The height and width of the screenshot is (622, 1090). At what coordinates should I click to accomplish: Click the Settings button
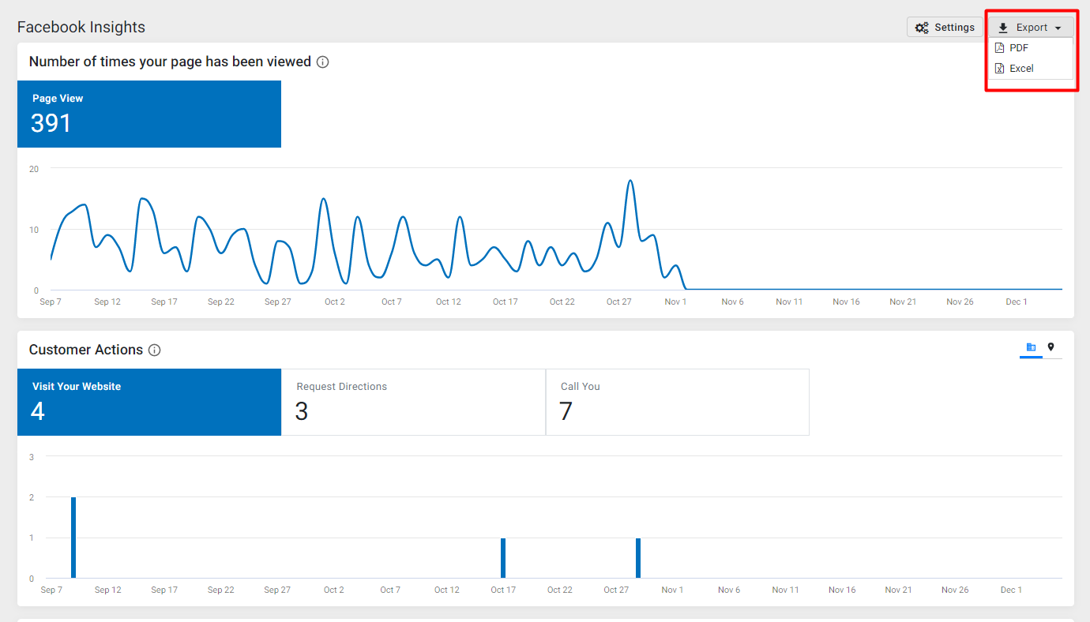945,28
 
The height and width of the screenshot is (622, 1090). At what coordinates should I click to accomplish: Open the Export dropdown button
1031,28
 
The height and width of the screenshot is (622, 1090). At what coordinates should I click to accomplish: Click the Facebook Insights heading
81,28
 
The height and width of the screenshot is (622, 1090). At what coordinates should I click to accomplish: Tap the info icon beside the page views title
322,62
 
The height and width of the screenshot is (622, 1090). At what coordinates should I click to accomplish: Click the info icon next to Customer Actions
154,350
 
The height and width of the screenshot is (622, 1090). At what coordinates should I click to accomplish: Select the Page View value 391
51,123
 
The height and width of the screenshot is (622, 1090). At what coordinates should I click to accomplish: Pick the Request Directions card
414,403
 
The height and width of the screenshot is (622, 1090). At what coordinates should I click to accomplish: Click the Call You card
678,403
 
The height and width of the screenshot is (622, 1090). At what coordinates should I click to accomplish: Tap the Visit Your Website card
149,403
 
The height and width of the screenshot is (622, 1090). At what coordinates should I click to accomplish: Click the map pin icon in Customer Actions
1051,347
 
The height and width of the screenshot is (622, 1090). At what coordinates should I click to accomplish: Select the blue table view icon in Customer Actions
1031,347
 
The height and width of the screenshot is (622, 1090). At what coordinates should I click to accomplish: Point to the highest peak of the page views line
630,181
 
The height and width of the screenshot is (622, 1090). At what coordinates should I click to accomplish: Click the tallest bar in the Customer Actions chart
73,538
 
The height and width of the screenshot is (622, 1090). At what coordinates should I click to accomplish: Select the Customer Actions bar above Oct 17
503,558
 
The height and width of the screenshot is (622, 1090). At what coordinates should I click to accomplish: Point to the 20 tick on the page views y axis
34,169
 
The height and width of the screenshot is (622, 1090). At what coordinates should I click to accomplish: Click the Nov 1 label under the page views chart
675,302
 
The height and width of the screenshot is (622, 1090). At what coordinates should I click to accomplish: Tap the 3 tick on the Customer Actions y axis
32,457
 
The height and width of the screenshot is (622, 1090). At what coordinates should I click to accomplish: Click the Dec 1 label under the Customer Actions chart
1011,590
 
